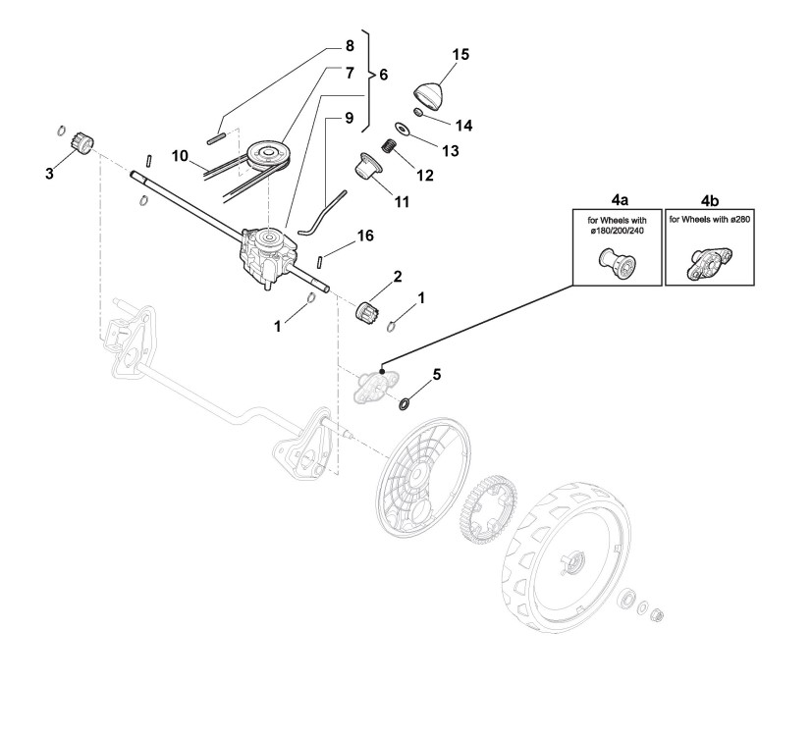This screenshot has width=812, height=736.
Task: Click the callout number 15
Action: pos(461,53)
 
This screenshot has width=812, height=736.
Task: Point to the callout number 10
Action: pos(179,155)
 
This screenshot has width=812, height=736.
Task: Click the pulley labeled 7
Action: pos(266,155)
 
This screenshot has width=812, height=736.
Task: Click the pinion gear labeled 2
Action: pos(367,313)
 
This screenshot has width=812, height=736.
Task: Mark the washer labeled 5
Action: pos(404,402)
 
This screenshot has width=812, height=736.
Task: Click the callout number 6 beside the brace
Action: pos(383,75)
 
